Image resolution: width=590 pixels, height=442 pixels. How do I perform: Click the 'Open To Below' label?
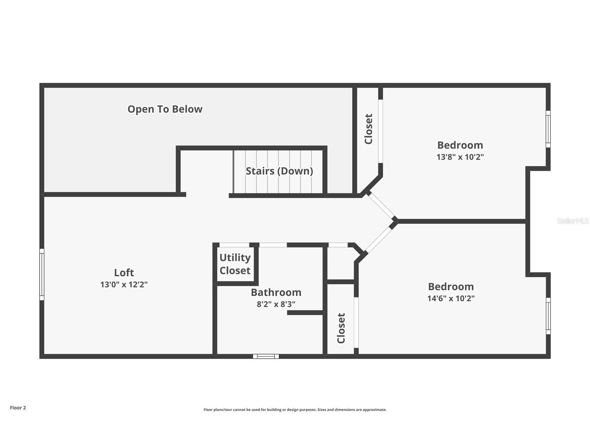(165, 109)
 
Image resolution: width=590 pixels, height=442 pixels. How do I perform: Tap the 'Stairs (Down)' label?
(279, 171)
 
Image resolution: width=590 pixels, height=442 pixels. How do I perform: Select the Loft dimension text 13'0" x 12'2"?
(124, 284)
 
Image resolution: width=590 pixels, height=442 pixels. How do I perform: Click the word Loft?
(124, 272)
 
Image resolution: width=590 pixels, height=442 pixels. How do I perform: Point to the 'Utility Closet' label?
(235, 264)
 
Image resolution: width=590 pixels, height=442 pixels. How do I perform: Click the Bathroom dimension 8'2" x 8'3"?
(276, 304)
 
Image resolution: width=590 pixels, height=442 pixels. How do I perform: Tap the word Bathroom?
(276, 292)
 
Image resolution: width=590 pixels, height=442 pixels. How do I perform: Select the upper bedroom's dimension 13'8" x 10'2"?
(460, 157)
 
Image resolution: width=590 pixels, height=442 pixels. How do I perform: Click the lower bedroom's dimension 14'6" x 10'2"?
(451, 298)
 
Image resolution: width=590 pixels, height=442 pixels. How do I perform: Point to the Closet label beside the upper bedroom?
(369, 129)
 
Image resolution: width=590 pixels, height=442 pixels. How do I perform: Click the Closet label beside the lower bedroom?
(341, 328)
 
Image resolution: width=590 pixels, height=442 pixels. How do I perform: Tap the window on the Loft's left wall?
(42, 274)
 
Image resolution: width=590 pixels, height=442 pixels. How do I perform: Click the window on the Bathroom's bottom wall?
(266, 356)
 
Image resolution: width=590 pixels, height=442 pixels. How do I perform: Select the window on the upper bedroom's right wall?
(548, 129)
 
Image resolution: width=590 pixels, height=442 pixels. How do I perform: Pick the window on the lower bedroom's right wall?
(548, 316)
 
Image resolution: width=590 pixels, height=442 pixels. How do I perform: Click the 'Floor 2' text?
(18, 408)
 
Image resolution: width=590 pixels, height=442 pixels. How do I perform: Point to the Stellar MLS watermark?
(573, 221)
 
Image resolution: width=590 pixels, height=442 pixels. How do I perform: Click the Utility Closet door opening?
(234, 245)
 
